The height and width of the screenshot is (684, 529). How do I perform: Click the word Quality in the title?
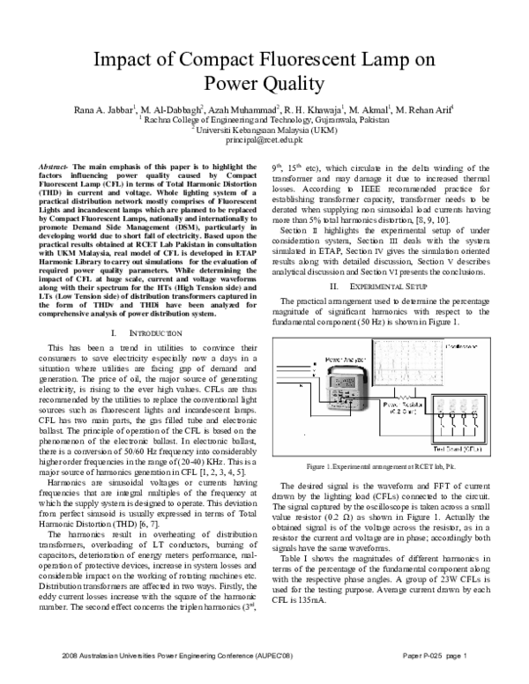(x=293, y=85)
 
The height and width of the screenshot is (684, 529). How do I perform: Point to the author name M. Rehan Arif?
(x=424, y=109)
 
